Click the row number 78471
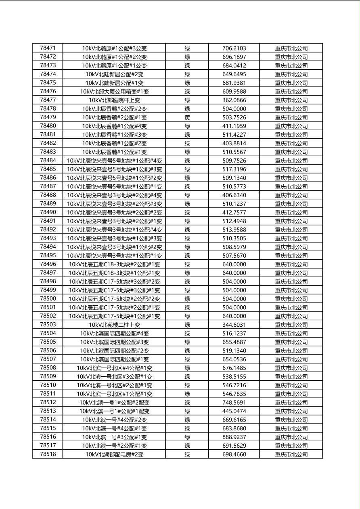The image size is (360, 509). point(48,48)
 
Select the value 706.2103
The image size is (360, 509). point(234,48)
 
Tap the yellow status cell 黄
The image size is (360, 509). point(187,117)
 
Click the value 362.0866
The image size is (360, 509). point(234,100)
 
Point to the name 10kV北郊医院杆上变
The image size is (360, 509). point(114,100)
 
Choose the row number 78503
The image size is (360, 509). point(48,325)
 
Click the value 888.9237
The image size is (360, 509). point(234,437)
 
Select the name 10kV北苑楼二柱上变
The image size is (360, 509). point(114,325)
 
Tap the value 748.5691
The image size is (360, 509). point(234,403)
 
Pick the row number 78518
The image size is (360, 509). point(48,454)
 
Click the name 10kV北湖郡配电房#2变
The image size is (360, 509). point(114,455)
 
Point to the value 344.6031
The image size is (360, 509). point(234,325)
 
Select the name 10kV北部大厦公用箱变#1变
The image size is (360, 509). point(114,92)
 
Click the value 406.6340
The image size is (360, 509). point(234,195)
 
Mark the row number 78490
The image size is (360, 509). point(48,212)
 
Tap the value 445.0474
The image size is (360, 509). point(234,411)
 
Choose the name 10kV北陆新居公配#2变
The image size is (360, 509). point(114,74)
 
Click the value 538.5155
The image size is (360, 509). point(234,377)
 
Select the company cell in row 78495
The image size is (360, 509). point(291,256)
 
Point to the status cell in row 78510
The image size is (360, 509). point(187,385)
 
